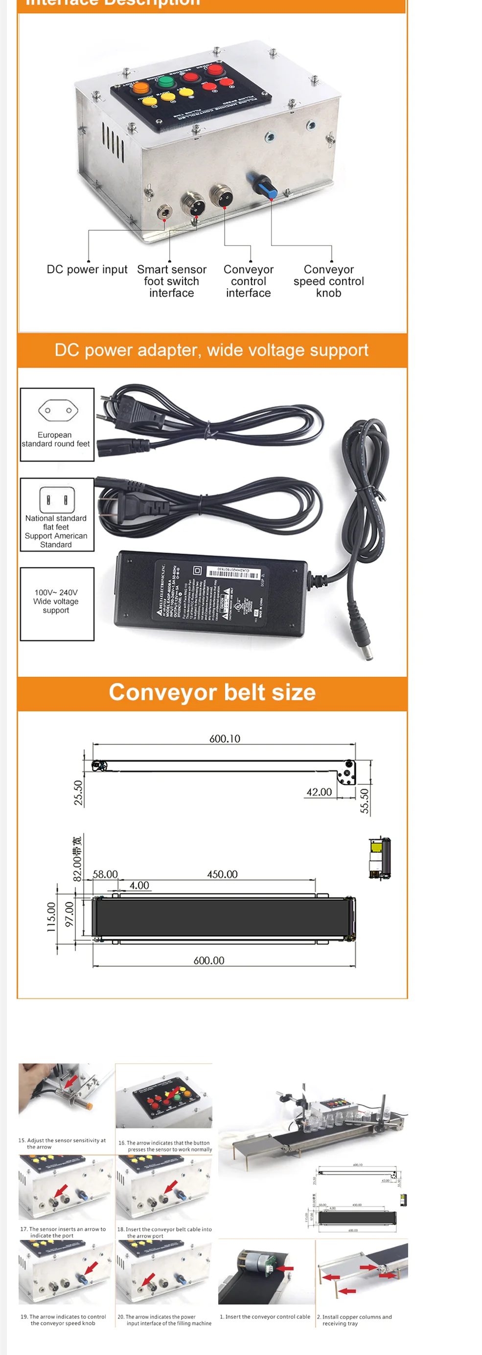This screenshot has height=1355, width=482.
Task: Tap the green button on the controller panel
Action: click(166, 82)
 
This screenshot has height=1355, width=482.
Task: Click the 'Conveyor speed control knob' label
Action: click(328, 281)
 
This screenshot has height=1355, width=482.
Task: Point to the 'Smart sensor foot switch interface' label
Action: click(172, 281)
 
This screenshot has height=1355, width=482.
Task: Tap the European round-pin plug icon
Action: click(58, 410)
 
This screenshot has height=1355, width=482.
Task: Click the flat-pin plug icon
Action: click(57, 498)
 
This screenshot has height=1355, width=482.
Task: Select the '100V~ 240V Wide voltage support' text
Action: click(56, 601)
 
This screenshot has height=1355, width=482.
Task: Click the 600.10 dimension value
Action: click(225, 738)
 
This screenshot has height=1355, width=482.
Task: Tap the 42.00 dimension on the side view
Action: click(319, 792)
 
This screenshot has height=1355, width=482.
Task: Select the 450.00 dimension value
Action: click(222, 874)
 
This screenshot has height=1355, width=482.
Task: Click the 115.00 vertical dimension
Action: click(51, 917)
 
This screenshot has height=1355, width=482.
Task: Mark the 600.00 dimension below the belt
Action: click(209, 960)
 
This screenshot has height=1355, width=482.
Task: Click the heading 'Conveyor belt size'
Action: click(212, 692)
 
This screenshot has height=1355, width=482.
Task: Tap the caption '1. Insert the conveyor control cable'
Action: click(265, 1316)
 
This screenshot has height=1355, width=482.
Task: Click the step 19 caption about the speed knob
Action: click(63, 1320)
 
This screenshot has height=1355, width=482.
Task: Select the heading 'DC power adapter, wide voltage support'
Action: click(211, 350)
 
